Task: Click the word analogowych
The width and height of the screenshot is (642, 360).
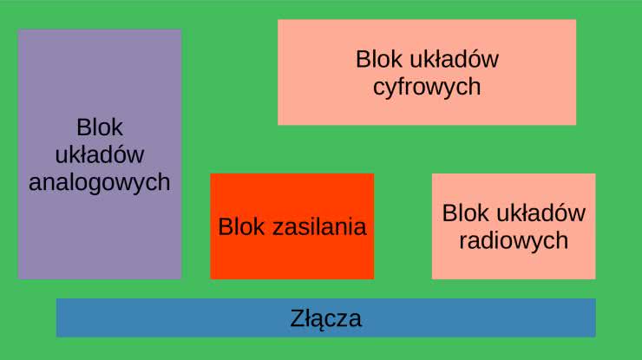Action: (x=99, y=183)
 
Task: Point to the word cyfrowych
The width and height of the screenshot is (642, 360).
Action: (x=426, y=88)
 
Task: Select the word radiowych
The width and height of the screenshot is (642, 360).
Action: (x=514, y=240)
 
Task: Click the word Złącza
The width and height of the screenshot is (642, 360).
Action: (x=325, y=318)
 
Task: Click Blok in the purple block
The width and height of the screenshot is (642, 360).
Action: (x=99, y=128)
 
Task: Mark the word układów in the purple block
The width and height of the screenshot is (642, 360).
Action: (x=99, y=155)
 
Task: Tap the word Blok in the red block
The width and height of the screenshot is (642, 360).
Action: (x=241, y=227)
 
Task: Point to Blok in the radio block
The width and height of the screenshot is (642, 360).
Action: (x=465, y=213)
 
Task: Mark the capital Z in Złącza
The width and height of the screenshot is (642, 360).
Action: (x=298, y=318)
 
